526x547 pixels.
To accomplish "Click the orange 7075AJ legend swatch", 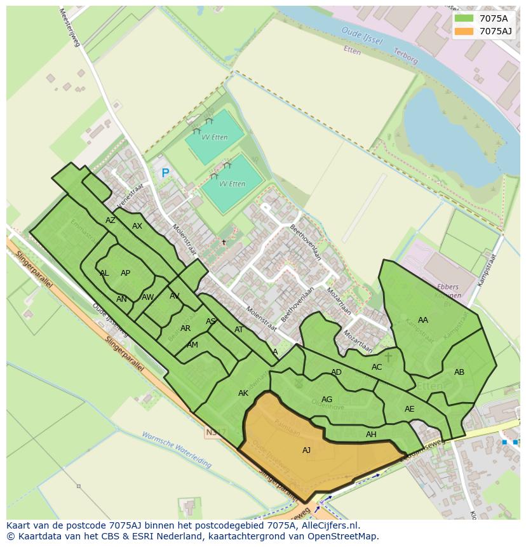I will pyautogui.click(x=464, y=31).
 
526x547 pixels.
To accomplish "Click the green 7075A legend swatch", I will pyautogui.click(x=464, y=18).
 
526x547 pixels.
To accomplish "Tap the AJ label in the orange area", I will pyautogui.click(x=306, y=450).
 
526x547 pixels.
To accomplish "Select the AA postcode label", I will pyautogui.click(x=423, y=320).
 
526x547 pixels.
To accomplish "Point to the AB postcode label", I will pyautogui.click(x=459, y=372).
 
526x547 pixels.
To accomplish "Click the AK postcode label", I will pyautogui.click(x=243, y=393).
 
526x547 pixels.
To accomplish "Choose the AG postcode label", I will pyautogui.click(x=327, y=400).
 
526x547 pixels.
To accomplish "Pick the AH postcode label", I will pyautogui.click(x=371, y=435).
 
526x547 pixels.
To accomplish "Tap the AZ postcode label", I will pyautogui.click(x=111, y=220).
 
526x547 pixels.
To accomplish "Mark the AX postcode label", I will pyautogui.click(x=137, y=226).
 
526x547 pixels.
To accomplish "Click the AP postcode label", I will pyautogui.click(x=125, y=273).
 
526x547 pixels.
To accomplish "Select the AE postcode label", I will pyautogui.click(x=409, y=409).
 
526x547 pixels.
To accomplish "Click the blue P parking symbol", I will pyautogui.click(x=165, y=173).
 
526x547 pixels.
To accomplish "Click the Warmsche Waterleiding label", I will pyautogui.click(x=177, y=450).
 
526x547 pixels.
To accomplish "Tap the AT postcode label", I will pyautogui.click(x=239, y=330).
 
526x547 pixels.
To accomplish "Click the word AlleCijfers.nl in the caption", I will pyautogui.click(x=330, y=525).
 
